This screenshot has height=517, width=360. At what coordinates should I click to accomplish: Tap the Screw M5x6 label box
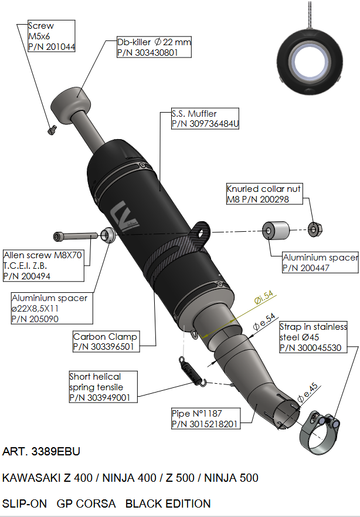[51, 36]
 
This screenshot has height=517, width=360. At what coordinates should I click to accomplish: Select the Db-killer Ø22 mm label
[154, 48]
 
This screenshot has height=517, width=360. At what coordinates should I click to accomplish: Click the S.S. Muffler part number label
[205, 119]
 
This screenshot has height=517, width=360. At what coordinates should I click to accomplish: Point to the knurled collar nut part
[315, 228]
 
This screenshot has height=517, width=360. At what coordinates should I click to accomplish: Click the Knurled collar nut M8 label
[265, 195]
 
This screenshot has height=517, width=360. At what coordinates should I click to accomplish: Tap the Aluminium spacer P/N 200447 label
[320, 262]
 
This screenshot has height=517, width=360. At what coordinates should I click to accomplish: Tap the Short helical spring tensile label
[103, 387]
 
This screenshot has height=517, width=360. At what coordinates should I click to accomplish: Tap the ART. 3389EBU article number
[41, 452]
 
